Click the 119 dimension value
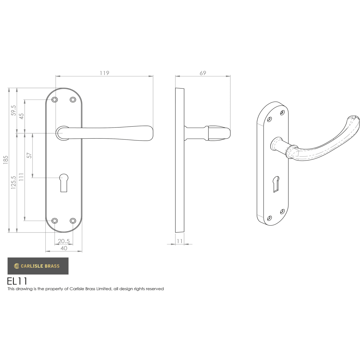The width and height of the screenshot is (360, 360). pos(104,73)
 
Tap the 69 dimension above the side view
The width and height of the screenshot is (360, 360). pos(203,73)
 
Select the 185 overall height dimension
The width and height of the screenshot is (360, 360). pos(6,160)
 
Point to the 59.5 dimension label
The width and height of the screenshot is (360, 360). pos(13,110)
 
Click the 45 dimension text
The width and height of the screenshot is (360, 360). pos(22,116)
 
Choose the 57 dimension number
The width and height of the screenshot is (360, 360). pos(29,155)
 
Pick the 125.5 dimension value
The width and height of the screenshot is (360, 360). pos(13,182)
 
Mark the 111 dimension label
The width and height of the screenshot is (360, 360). pos(22,177)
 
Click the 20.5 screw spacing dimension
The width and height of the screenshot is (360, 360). pos(64,241)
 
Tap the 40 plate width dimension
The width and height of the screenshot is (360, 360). pos(64,248)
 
